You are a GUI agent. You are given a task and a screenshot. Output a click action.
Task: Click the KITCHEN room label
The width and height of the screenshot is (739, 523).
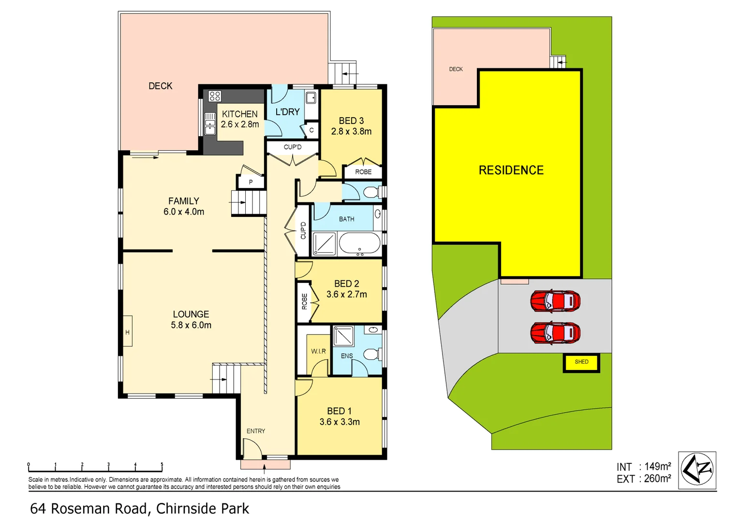[x=239, y=114]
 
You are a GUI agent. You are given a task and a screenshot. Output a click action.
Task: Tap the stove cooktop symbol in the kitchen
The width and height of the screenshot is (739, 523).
[x=215, y=96]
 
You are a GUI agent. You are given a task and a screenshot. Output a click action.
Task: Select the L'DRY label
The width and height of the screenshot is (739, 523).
[x=287, y=112]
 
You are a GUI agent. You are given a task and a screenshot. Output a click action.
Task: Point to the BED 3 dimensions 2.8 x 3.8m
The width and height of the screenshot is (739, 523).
[x=351, y=132]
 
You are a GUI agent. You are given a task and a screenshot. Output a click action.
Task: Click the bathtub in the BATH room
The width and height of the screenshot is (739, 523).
[x=359, y=244]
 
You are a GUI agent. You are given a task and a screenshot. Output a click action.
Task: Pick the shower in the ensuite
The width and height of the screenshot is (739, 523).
[x=343, y=336]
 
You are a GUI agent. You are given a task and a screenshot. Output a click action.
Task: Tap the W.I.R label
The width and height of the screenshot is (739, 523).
[x=318, y=351]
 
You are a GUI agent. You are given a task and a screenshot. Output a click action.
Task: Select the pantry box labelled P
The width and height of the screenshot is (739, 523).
[x=251, y=182]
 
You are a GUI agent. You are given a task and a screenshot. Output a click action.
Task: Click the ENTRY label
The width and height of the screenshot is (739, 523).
[x=255, y=431]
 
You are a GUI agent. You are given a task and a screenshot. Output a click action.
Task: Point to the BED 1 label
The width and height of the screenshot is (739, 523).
[x=339, y=411]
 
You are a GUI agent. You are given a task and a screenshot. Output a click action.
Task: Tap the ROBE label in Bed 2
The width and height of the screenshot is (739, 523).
[x=304, y=301]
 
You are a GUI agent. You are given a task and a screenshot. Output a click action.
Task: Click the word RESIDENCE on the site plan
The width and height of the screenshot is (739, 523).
[x=511, y=170]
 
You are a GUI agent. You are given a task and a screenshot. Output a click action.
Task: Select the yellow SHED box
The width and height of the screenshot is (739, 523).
[x=581, y=362]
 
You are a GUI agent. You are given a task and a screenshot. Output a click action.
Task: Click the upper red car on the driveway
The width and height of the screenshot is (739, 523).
[x=555, y=301]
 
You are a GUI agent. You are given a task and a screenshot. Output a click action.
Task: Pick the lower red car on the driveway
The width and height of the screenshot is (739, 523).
[x=555, y=333]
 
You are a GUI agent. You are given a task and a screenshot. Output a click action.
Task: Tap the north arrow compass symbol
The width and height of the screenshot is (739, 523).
[x=697, y=470]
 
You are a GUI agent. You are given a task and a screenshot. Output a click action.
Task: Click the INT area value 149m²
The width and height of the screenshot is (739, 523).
[x=657, y=466]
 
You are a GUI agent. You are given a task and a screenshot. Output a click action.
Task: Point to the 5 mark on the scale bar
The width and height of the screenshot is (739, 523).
[x=162, y=465]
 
